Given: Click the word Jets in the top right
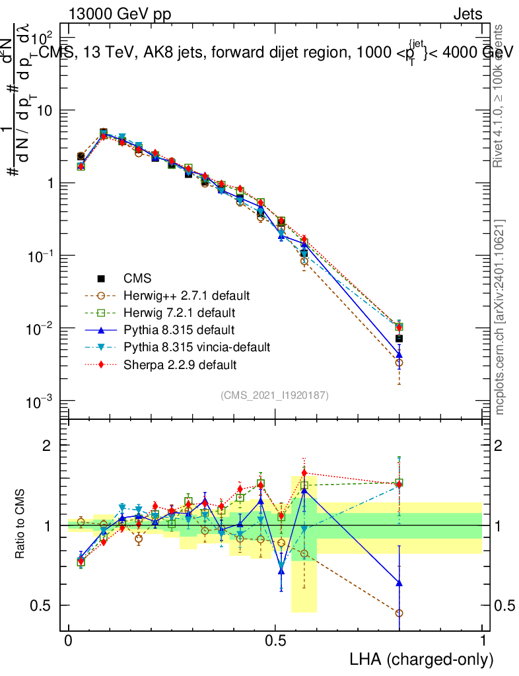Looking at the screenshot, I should [467, 15].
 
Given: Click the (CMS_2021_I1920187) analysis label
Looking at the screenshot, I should [275, 395].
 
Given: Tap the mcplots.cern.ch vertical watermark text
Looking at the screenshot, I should [500, 317].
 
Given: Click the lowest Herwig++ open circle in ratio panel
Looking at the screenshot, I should [399, 613].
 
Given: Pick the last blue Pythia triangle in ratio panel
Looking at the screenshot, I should [399, 584].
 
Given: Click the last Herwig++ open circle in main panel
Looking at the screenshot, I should [399, 362].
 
